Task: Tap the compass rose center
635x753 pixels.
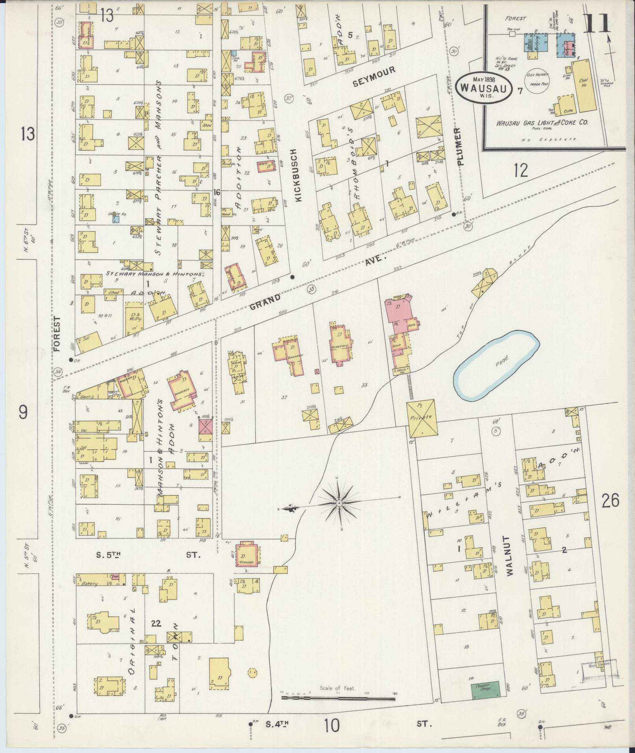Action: pyautogui.click(x=339, y=503)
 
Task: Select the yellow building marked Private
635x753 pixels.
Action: pyautogui.click(x=422, y=418)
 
